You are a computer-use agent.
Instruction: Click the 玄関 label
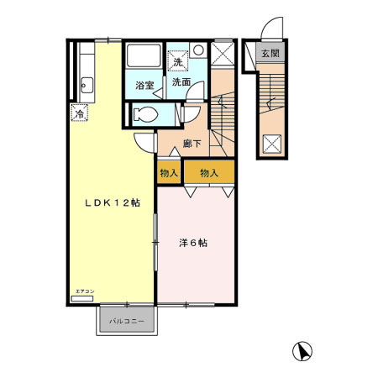pyautogui.click(x=269, y=55)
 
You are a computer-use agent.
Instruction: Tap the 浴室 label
pyautogui.click(x=144, y=85)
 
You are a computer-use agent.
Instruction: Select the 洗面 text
pyautogui.click(x=181, y=82)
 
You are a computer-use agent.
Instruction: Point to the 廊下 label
pyautogui.click(x=192, y=143)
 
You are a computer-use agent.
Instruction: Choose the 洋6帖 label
pyautogui.click(x=192, y=244)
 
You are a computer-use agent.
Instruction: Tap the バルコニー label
pyautogui.click(x=126, y=321)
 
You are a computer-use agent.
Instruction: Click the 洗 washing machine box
pyautogui.click(x=177, y=60)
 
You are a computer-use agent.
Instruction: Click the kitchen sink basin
pyautogui.click(x=86, y=85)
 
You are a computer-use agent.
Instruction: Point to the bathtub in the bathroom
pyautogui.click(x=144, y=57)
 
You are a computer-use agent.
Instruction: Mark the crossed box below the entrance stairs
pyautogui.click(x=272, y=144)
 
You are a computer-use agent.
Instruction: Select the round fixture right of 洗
pyautogui.click(x=196, y=50)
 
